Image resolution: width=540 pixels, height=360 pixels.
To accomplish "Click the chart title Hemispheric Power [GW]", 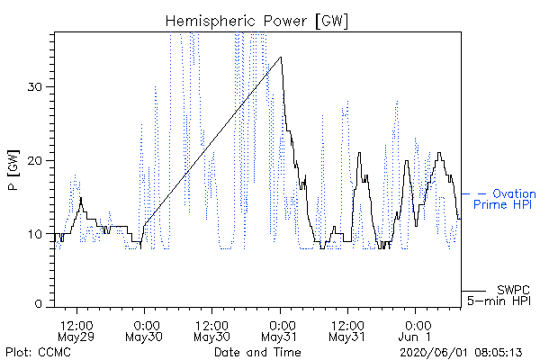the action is click(256, 21).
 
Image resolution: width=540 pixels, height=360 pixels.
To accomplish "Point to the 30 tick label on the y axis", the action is click(34, 86).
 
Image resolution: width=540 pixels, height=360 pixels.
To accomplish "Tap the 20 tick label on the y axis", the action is click(34, 160).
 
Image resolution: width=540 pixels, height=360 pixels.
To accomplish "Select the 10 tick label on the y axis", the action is click(34, 234).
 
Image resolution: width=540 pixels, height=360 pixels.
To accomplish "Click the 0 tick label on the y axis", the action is click(39, 303).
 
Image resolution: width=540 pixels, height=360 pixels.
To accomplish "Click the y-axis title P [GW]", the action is click(13, 170).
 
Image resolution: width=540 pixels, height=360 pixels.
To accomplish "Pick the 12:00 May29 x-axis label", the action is click(76, 331).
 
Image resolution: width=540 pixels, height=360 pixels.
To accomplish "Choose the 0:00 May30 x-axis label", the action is click(144, 331).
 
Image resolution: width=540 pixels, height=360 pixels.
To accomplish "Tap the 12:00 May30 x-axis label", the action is click(211, 331).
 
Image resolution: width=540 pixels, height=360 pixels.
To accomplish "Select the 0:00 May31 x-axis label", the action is click(280, 331).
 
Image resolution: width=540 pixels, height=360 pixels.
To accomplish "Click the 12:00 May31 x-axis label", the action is click(347, 331).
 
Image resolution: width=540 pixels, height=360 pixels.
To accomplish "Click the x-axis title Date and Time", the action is click(257, 353).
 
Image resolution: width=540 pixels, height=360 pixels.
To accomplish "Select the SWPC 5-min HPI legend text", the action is click(499, 295).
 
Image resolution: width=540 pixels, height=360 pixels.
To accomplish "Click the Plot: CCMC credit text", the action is click(38, 353).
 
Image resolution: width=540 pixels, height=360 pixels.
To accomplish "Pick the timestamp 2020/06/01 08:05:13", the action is click(461, 353).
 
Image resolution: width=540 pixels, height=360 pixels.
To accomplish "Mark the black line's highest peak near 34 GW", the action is click(281, 58).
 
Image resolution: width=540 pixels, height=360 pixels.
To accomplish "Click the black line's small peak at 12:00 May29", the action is click(81, 198).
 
